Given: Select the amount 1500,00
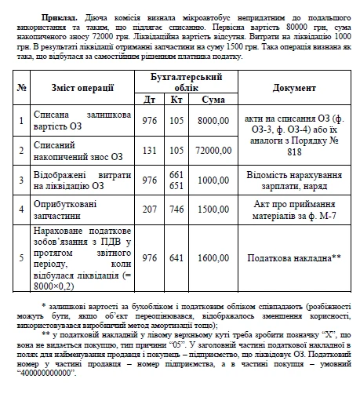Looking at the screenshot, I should [x=214, y=210].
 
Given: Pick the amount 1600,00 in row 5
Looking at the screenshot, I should [x=214, y=257].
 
